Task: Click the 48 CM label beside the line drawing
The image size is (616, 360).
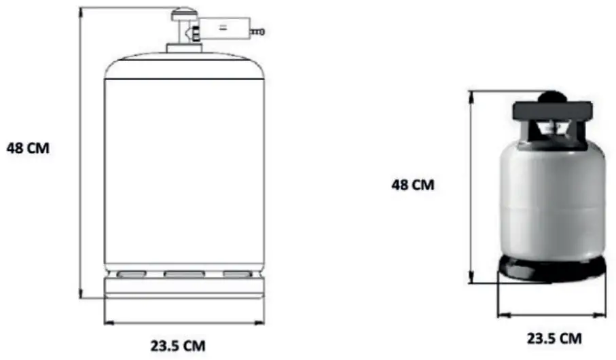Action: (28, 147)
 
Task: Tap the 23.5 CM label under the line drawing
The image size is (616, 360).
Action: (177, 345)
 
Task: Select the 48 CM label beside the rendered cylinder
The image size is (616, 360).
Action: (413, 185)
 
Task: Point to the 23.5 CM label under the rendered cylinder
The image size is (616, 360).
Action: (554, 338)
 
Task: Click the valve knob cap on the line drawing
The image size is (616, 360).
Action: (183, 14)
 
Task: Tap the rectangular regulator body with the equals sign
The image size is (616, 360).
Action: (223, 28)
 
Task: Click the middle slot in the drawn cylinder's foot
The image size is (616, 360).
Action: (184, 274)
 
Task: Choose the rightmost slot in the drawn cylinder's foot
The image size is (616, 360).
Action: (237, 274)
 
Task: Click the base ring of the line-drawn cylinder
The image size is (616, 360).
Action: (183, 289)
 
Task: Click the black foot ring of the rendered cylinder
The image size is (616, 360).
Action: (551, 268)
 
